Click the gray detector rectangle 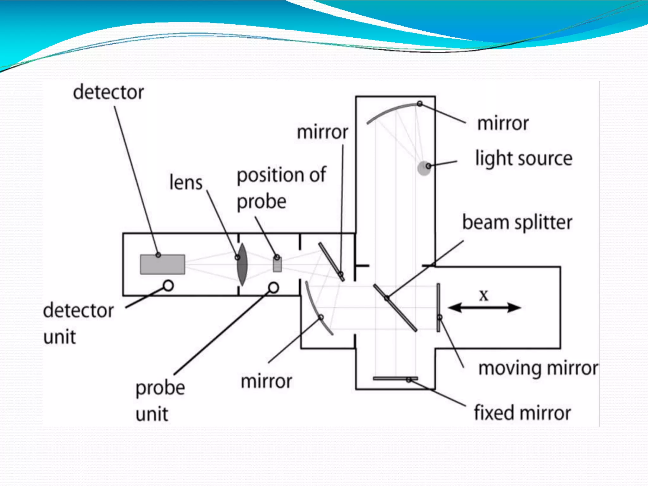pos(163,265)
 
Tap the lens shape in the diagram pos(242,265)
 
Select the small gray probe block pos(277,265)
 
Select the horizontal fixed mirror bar pos(395,378)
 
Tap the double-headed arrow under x pos(484,308)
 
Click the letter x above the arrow pos(484,296)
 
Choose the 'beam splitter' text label pos(517,223)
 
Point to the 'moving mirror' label pos(538,369)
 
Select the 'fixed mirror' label pos(522,413)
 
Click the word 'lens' pos(186,183)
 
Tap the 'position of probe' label pos(281,188)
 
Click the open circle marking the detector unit pos(168,286)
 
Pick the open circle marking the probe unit pos(274,288)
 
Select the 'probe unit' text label pos(160,401)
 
